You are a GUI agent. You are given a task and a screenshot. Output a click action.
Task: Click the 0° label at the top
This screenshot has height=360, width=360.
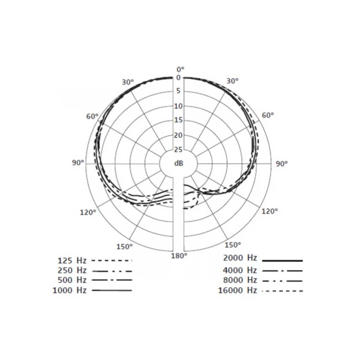[180, 69]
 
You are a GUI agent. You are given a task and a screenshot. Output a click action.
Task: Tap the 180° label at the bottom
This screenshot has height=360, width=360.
[179, 256]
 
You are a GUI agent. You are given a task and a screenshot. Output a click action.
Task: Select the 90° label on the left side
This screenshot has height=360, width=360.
[78, 163]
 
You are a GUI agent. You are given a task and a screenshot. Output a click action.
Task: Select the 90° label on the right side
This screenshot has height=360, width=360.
[281, 164]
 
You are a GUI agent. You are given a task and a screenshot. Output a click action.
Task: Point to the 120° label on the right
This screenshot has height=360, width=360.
[269, 211]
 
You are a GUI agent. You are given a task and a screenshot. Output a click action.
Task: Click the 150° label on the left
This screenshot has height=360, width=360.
[124, 246]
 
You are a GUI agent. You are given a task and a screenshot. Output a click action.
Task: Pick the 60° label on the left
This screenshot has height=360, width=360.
[92, 117]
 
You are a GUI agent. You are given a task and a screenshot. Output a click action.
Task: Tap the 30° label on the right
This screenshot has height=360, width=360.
[233, 81]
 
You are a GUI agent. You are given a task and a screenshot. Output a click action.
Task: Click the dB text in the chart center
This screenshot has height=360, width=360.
[179, 163]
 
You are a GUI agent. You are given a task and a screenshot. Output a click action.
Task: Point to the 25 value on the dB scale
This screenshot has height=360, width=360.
[178, 150]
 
